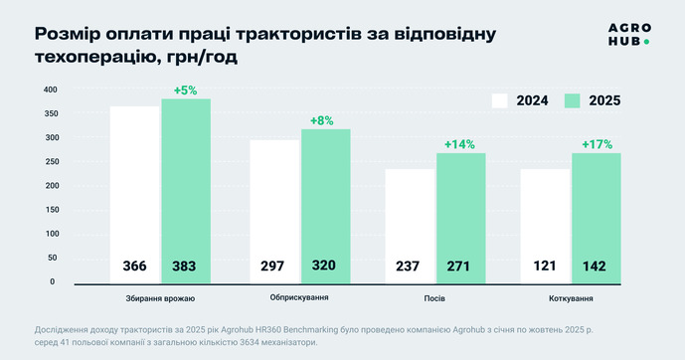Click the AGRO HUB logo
pyautogui.click(x=629, y=35)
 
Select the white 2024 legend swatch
pyautogui.click(x=499, y=100)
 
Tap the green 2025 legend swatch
pyautogui.click(x=573, y=100)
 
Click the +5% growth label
pyautogui.click(x=186, y=90)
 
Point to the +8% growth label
pyautogui.click(x=322, y=120)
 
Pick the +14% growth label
pyautogui.click(x=459, y=144)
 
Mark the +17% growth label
pyautogui.click(x=598, y=144)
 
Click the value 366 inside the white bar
pyautogui.click(x=134, y=267)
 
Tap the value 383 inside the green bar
pyautogui.click(x=184, y=267)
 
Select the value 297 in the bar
pyautogui.click(x=272, y=267)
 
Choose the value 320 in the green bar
pyautogui.click(x=324, y=266)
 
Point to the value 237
pyautogui.click(x=408, y=267)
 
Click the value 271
pyautogui.click(x=458, y=267)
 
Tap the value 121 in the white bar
pyautogui.click(x=545, y=266)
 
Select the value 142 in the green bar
pyautogui.click(x=595, y=267)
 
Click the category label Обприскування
pyautogui.click(x=299, y=297)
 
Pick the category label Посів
pyautogui.click(x=434, y=298)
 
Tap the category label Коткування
pyautogui.click(x=571, y=298)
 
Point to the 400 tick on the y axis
pyautogui.click(x=51, y=90)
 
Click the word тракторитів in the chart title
pyautogui.click(x=298, y=34)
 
